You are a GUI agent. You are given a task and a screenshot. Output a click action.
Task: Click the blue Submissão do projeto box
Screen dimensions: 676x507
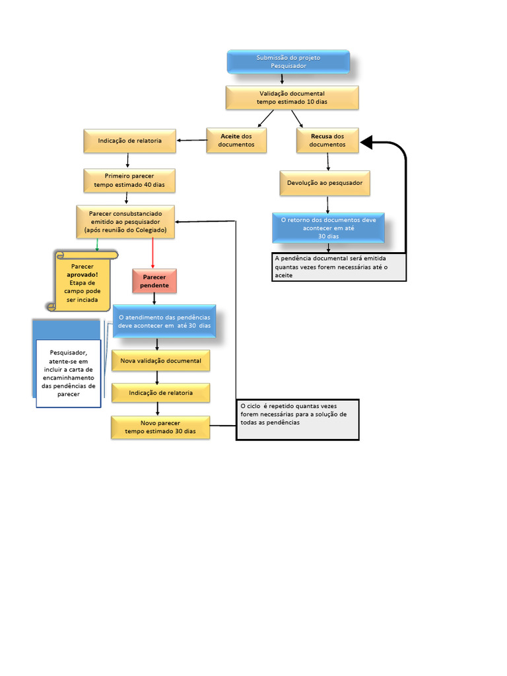click(288, 61)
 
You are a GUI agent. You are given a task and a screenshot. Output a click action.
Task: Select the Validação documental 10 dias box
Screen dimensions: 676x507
click(292, 98)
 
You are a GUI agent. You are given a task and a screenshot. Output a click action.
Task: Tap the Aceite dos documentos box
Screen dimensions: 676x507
click(236, 140)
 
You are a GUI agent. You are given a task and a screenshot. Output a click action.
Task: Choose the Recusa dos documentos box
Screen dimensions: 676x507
click(327, 140)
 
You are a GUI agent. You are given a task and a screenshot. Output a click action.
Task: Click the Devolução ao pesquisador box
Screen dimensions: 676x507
click(324, 183)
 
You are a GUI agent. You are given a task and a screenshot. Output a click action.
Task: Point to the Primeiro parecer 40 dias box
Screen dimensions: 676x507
click(129, 181)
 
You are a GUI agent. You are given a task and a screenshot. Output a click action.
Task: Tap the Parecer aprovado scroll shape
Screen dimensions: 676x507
click(84, 281)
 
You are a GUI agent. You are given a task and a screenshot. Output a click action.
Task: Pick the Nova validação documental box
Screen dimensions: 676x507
click(160, 361)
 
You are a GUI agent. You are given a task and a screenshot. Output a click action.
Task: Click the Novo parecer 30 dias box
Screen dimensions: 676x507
click(160, 427)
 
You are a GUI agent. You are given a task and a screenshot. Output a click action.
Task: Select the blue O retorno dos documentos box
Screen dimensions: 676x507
click(328, 228)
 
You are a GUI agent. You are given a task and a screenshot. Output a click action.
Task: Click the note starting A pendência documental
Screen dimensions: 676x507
click(339, 267)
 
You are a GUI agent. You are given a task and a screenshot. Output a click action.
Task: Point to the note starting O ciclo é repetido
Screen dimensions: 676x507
click(297, 419)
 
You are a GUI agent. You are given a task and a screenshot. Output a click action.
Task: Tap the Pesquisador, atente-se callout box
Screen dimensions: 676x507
click(69, 373)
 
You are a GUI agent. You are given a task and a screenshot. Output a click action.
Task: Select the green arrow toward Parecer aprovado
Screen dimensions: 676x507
click(98, 244)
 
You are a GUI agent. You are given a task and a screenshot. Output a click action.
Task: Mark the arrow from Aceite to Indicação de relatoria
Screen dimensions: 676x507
click(191, 140)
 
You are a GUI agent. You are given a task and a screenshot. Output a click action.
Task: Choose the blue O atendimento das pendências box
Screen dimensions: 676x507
click(164, 321)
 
